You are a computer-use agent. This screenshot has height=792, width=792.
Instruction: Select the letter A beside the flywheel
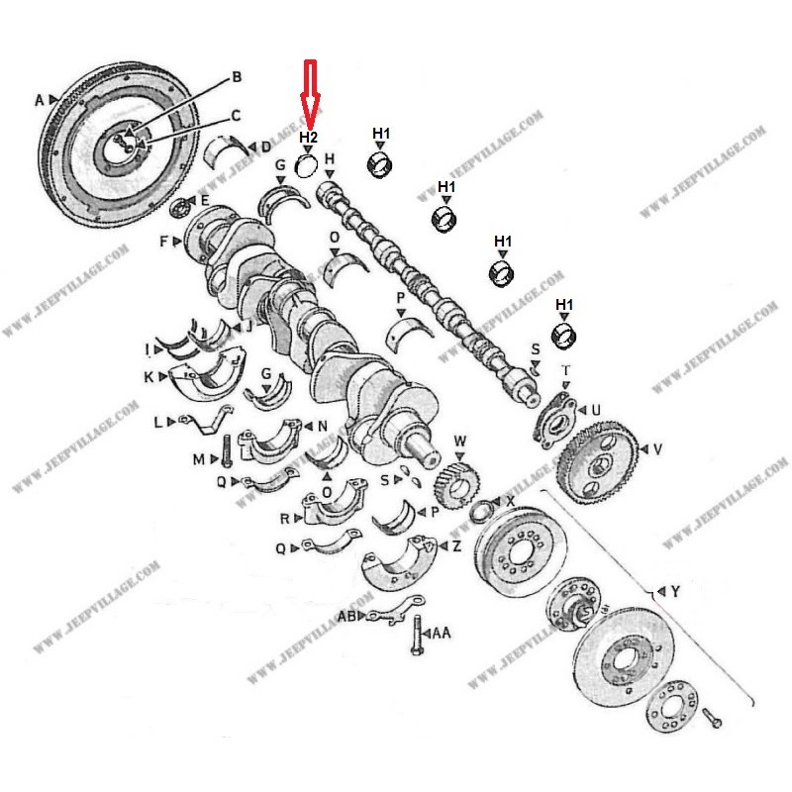41,100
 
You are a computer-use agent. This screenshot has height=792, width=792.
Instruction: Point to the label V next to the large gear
657,448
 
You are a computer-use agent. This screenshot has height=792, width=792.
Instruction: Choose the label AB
346,616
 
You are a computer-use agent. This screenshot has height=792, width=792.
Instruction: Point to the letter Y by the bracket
675,592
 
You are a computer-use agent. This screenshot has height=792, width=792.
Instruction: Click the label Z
455,545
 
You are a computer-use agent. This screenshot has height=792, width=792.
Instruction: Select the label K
148,377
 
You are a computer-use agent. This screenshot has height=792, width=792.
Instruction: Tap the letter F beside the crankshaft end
165,241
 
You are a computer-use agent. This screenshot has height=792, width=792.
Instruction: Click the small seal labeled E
181,207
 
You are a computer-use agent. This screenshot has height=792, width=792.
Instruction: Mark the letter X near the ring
510,502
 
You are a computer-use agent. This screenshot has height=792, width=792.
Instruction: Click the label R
284,517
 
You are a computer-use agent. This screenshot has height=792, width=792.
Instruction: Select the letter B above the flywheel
237,76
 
